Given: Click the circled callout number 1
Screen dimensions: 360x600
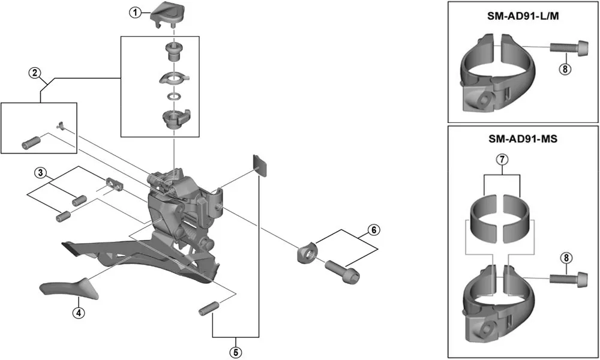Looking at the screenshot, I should coord(136,12).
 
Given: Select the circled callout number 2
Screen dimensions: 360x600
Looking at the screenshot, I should coord(35,73).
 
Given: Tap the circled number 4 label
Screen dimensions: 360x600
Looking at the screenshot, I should coord(77,313).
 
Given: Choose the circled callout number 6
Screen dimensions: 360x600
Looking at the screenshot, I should coord(373,229).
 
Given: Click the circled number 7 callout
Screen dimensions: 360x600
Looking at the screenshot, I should coord(503,160).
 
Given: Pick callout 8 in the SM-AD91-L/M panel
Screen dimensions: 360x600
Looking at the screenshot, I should coord(565,69).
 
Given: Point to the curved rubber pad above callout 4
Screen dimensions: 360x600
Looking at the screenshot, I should coord(65,287).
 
